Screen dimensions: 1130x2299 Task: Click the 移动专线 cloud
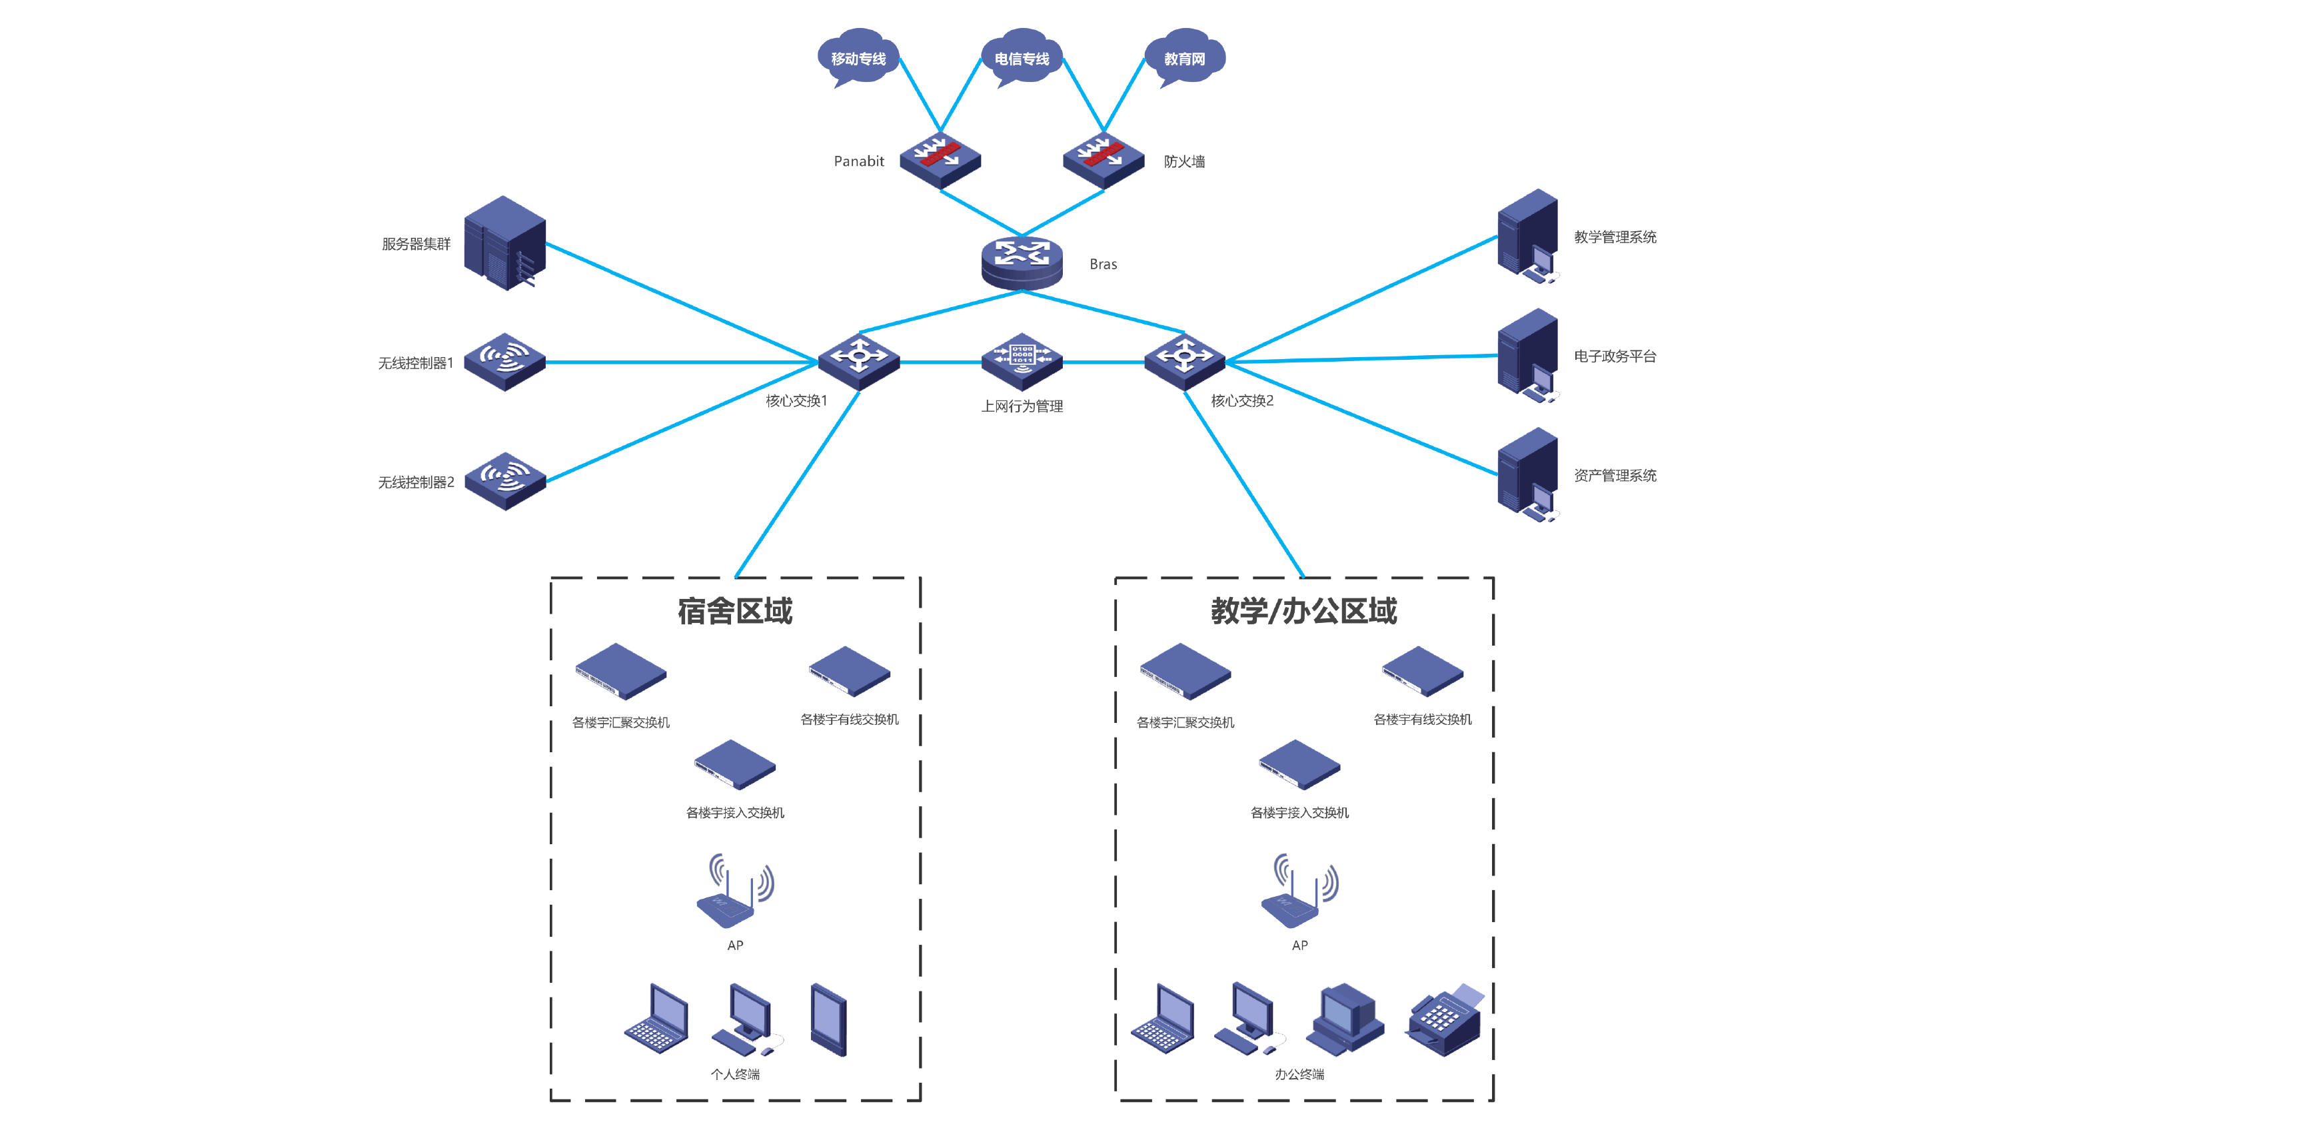pyautogui.click(x=858, y=57)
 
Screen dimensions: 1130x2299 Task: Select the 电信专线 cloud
pyautogui.click(x=1021, y=57)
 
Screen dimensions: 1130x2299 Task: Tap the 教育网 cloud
pyautogui.click(x=1184, y=57)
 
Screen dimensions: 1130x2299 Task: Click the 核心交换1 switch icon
pyautogui.click(x=858, y=360)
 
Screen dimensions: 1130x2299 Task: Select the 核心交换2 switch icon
pyautogui.click(x=1184, y=360)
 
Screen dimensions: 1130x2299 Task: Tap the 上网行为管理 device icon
pyautogui.click(x=1021, y=360)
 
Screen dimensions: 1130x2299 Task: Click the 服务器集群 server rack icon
pyautogui.click(x=505, y=243)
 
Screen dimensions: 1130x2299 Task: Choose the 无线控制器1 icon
pyautogui.click(x=505, y=362)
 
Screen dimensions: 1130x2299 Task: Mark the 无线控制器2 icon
pyautogui.click(x=505, y=480)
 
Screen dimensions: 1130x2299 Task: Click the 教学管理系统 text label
pyautogui.click(x=1615, y=237)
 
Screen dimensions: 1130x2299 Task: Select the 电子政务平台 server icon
pyautogui.click(x=1528, y=355)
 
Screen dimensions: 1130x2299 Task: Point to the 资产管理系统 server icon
pyautogui.click(x=1528, y=474)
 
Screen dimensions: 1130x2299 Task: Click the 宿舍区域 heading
pyautogui.click(x=734, y=610)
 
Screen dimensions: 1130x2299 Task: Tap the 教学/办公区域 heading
pyautogui.click(x=1303, y=610)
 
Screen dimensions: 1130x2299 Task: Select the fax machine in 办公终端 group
pyautogui.click(x=1444, y=1021)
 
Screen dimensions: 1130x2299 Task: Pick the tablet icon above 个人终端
pyautogui.click(x=828, y=1019)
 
